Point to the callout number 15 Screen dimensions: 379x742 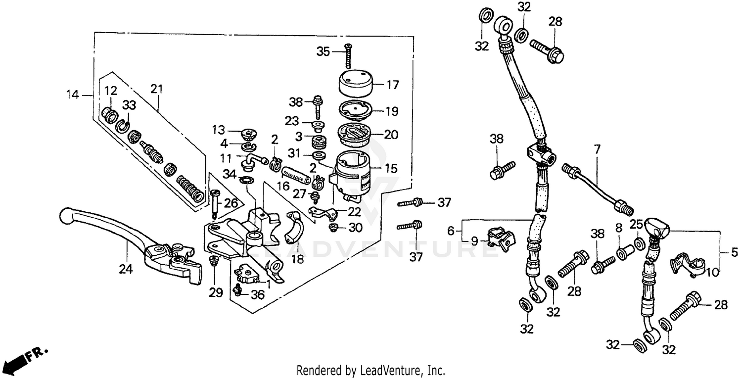pos(391,169)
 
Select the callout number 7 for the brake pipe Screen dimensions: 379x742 pos(597,148)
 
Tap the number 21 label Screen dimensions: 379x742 pos(157,89)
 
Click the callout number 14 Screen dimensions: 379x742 pos(73,94)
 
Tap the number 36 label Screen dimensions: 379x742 pos(258,295)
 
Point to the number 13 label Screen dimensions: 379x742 pos(219,130)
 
